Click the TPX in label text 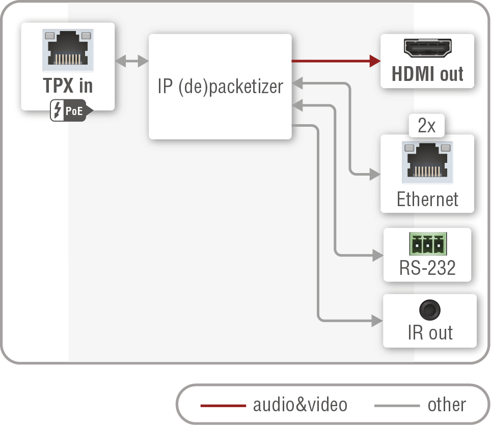pos(68,85)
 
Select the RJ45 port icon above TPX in pos(68,50)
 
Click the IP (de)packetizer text pos(220,87)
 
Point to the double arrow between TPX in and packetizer pos(131,62)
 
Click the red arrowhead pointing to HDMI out pos(375,61)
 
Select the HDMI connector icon pos(427,49)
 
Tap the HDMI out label pos(427,74)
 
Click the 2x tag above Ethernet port pos(427,126)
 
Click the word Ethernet pos(427,199)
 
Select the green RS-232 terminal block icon pos(427,245)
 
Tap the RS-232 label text pos(427,268)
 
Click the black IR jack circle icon pos(429,310)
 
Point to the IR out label pos(430,332)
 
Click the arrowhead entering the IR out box pos(377,321)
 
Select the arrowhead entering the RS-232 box pos(377,254)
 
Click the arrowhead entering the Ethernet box pos(375,175)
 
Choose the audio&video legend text pos(300,405)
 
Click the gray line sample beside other pos(396,406)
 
